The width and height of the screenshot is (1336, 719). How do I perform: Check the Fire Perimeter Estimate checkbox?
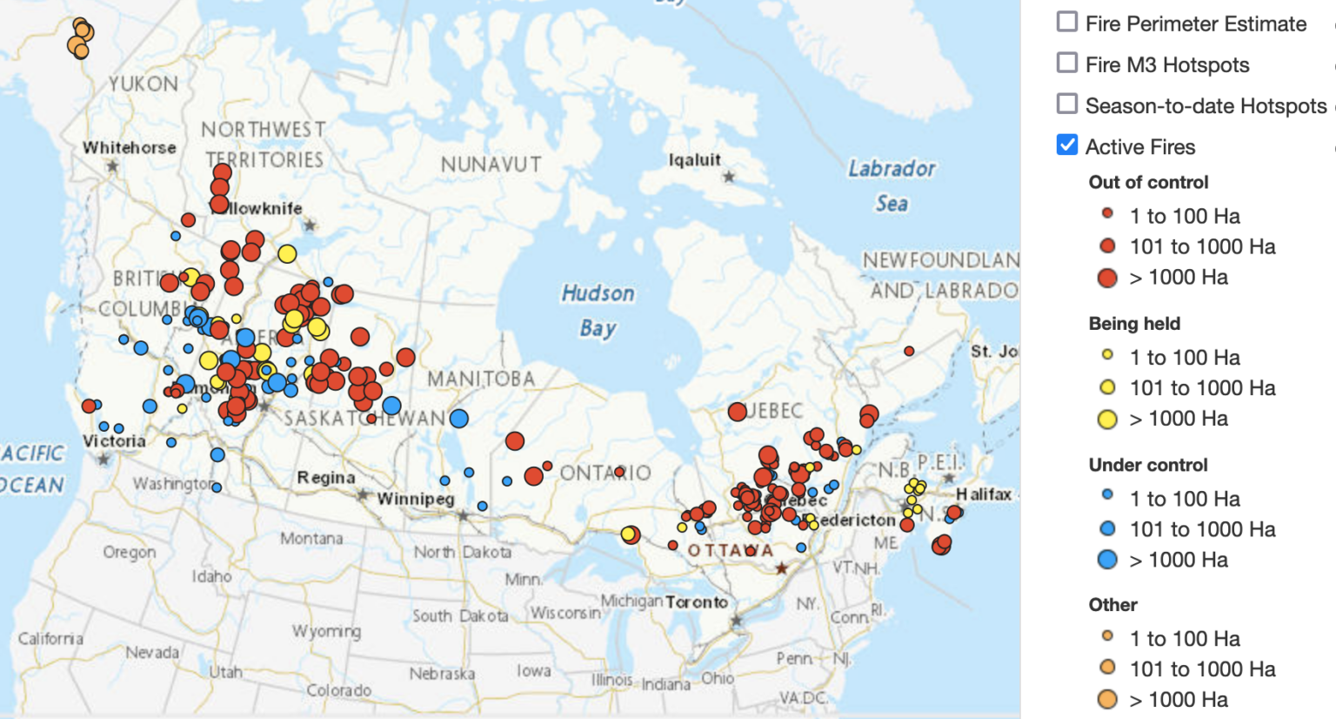[1067, 22]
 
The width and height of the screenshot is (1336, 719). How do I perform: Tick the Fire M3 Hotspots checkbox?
[1067, 63]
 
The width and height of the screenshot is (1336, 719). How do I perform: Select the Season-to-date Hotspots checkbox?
[1067, 104]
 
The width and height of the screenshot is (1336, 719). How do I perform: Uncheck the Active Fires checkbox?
[1067, 144]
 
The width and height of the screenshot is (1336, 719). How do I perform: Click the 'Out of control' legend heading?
[1148, 182]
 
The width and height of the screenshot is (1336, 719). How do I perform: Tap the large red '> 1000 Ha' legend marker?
[1107, 278]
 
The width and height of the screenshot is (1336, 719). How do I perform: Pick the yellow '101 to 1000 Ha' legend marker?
[1107, 387]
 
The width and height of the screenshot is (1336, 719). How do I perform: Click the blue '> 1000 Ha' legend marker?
[1107, 560]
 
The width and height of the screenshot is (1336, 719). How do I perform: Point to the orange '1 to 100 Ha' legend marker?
[1107, 635]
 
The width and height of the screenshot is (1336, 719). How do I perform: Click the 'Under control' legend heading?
[1148, 465]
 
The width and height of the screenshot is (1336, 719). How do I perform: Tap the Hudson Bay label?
[598, 310]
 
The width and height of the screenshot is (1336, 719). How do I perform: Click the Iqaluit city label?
[694, 160]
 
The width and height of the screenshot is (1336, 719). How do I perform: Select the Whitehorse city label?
[129, 148]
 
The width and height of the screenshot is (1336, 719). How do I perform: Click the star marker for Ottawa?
[781, 568]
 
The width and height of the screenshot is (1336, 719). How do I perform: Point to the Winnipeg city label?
[416, 499]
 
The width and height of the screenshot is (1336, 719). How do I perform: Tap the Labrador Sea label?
[892, 185]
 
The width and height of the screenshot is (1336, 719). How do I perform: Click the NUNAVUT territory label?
[491, 165]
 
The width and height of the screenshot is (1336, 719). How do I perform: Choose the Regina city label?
[326, 478]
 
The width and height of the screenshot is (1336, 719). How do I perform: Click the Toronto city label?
[697, 602]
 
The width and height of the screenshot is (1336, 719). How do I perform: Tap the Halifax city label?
[984, 494]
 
